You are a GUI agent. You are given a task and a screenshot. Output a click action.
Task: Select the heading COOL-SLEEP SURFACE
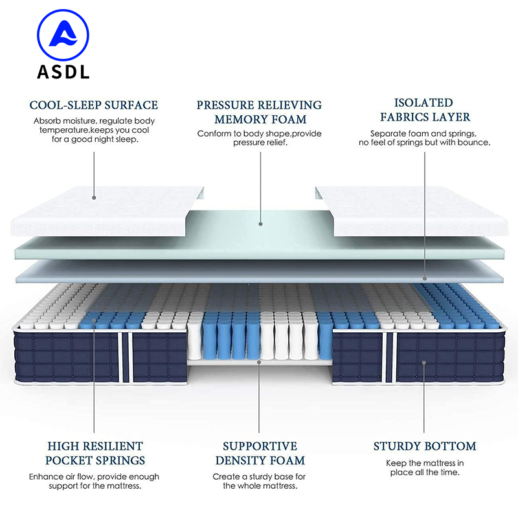coord(94,105)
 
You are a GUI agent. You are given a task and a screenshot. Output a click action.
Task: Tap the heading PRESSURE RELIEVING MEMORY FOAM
coord(259,112)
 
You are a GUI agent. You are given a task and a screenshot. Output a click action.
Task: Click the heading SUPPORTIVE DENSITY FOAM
coord(259,453)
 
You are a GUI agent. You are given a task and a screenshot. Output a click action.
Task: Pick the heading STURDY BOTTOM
coord(425,446)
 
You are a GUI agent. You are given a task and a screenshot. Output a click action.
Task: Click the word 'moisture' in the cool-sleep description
coord(79,121)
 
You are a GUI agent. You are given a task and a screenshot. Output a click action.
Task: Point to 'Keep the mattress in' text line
coord(425,463)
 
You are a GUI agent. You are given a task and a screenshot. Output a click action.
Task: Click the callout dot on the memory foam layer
coord(260,224)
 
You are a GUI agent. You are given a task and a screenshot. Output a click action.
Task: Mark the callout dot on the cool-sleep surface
coord(93,197)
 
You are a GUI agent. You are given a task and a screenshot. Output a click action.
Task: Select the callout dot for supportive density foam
coord(259,362)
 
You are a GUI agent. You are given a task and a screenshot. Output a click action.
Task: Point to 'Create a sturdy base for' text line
coord(259,477)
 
